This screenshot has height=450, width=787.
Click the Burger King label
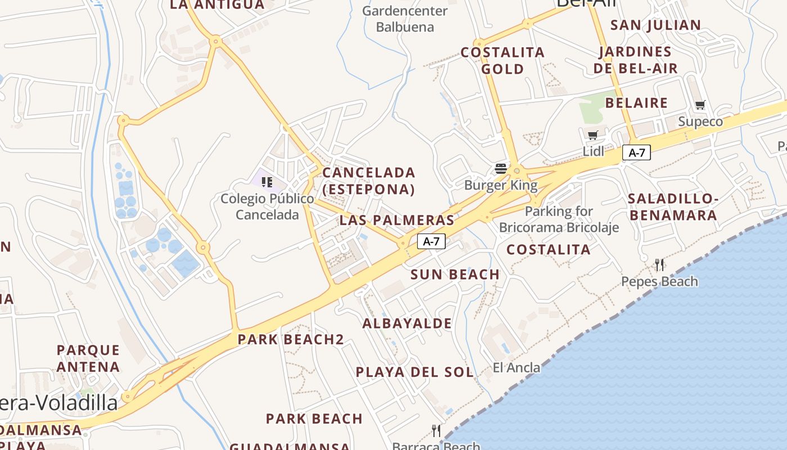[x=501, y=185]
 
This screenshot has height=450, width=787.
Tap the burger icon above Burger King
[x=501, y=169]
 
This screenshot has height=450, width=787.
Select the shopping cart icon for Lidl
[x=592, y=135]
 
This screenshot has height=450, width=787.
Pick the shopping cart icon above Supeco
[x=700, y=105]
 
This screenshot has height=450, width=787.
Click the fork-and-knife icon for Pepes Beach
[x=659, y=264]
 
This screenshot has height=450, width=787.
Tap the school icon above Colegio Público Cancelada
[x=267, y=182]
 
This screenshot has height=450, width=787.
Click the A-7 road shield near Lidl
[x=636, y=152]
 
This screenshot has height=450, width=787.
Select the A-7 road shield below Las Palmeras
[x=431, y=241]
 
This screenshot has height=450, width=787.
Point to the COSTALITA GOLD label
[x=503, y=61]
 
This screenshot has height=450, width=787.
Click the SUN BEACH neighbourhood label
[x=455, y=274]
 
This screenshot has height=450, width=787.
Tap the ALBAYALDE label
[x=407, y=323]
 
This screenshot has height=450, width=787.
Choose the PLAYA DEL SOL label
[x=415, y=372]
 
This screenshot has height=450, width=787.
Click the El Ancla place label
[x=516, y=368]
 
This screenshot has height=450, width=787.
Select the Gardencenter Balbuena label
[x=405, y=19]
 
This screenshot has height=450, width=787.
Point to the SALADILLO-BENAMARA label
[x=673, y=207]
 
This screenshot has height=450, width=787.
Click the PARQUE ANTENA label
[x=88, y=358]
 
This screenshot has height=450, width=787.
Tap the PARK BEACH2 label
[x=291, y=339]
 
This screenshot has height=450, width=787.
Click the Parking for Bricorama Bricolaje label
[x=559, y=219]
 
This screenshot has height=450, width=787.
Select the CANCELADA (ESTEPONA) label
[x=369, y=181]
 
